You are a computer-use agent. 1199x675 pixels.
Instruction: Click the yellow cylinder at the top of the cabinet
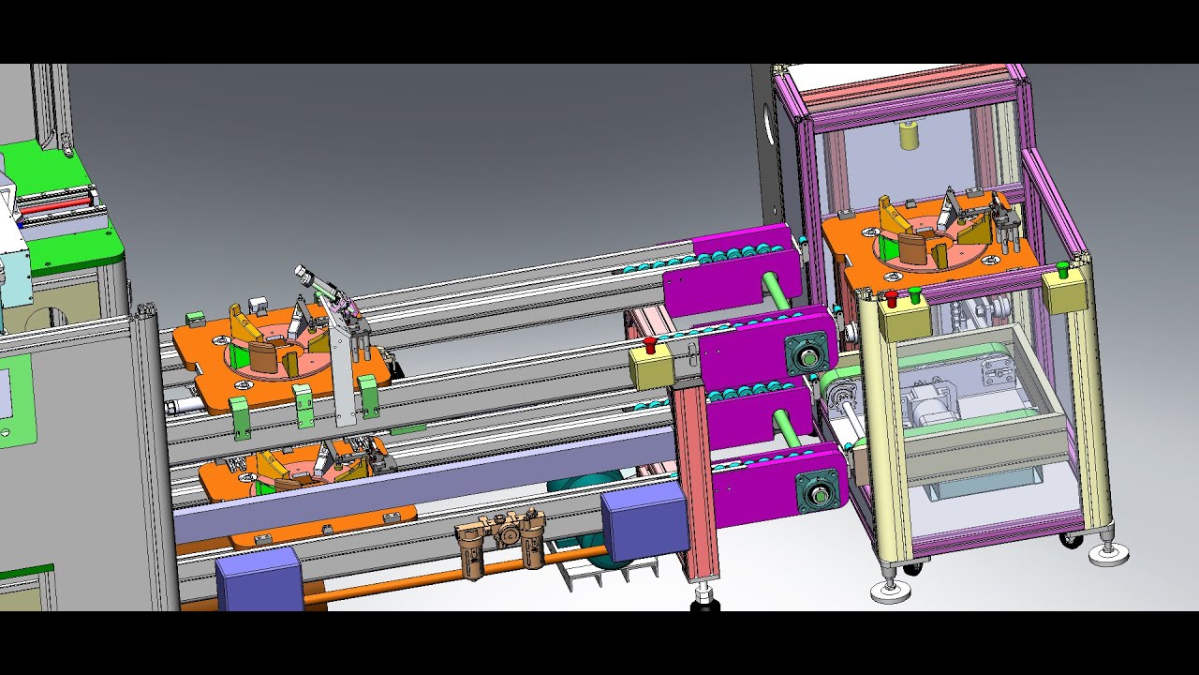pyautogui.click(x=908, y=135)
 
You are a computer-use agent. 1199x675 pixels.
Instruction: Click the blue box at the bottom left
pyautogui.click(x=259, y=578)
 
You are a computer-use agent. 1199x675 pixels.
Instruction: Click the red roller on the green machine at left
pyautogui.click(x=56, y=201)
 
